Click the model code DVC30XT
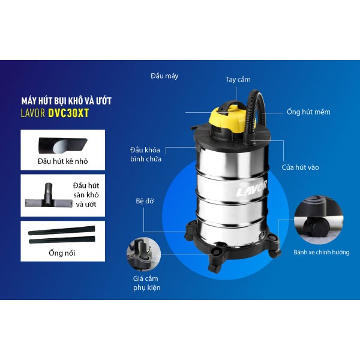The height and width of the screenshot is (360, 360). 68,113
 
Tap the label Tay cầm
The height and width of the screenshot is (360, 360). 238,79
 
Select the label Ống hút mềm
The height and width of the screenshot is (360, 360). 308,112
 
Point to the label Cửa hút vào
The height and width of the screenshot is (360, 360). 300,167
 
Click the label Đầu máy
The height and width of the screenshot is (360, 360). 164,76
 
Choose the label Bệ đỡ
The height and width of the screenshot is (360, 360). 145,201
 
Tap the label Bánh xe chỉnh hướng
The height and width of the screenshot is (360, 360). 322,252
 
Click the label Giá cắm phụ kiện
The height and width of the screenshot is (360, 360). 147,283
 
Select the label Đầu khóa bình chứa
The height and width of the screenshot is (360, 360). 146,154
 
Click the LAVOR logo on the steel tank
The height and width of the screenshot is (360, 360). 251,188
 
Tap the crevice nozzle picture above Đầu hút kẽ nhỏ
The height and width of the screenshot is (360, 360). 62,146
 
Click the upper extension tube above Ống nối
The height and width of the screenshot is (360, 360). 62,230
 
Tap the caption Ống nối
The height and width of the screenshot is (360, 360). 62,253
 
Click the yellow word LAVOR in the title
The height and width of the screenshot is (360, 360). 33,113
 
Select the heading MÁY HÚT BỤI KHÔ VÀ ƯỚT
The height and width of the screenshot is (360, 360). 67,101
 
